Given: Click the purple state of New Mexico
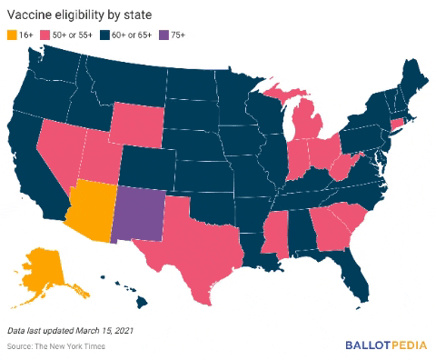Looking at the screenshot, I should (141, 213).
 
